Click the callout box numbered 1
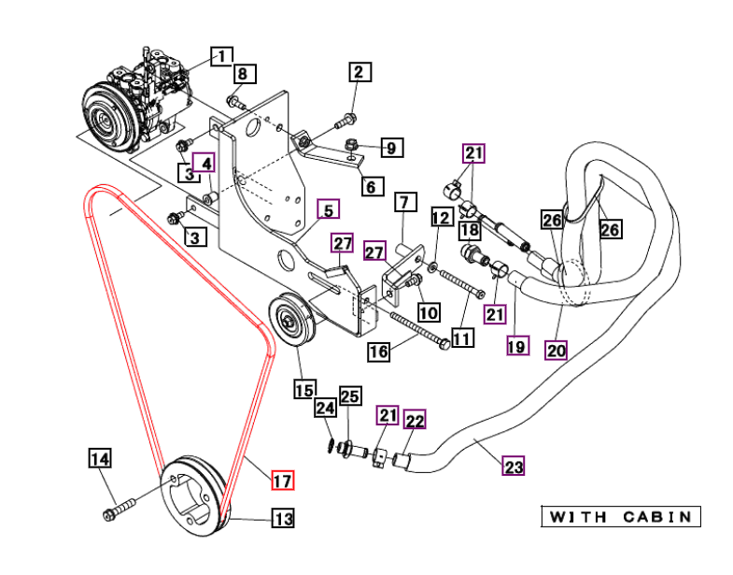coord(221,57)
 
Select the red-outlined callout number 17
coord(283,480)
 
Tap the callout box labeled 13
coord(284,518)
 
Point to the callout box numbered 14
coord(100,458)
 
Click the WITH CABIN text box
coord(621,516)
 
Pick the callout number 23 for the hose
coord(514,466)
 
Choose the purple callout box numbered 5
coord(328,209)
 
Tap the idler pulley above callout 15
coord(291,320)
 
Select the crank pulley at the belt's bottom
coord(193,496)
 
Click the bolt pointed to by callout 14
coord(119,510)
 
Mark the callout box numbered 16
coord(379,352)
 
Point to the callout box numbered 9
coord(392,148)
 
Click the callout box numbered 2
coord(359,72)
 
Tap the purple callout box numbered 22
coord(415,420)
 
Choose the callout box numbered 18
coord(470,230)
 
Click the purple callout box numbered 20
coord(556,350)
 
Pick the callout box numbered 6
coord(373,186)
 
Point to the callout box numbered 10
coord(429,312)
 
